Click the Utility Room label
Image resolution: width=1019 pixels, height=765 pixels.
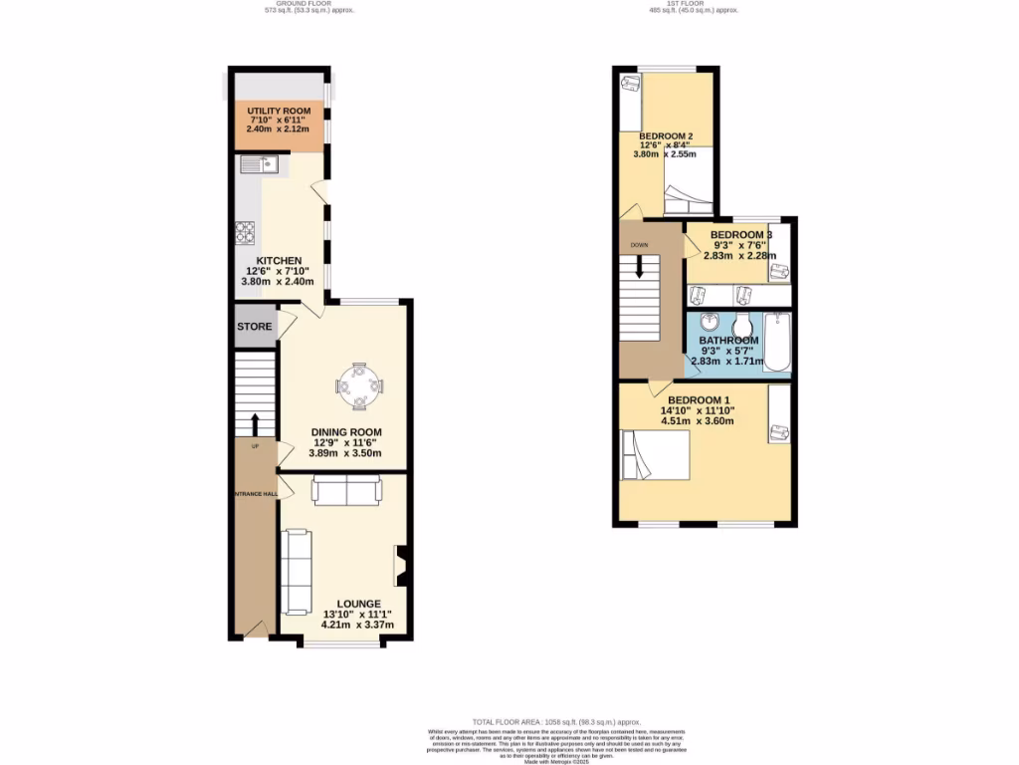(279, 111)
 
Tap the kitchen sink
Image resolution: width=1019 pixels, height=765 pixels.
(260, 165)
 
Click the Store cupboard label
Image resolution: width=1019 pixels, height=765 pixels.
(254, 327)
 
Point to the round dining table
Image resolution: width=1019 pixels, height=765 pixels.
(358, 385)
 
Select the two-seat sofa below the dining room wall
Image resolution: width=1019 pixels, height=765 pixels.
(345, 490)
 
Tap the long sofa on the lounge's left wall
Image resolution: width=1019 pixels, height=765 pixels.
(296, 572)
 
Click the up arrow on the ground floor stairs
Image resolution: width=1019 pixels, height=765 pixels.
(255, 424)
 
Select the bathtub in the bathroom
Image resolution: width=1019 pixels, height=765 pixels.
(776, 343)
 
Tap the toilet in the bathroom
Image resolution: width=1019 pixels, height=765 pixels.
(741, 326)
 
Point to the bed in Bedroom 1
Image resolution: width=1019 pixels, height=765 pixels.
(654, 454)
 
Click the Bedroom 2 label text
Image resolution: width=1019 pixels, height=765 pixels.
(666, 135)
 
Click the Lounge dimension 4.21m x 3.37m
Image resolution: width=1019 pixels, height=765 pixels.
(358, 626)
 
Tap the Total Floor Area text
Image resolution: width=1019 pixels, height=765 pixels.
(556, 721)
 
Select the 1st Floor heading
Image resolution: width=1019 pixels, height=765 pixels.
(694, 5)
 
